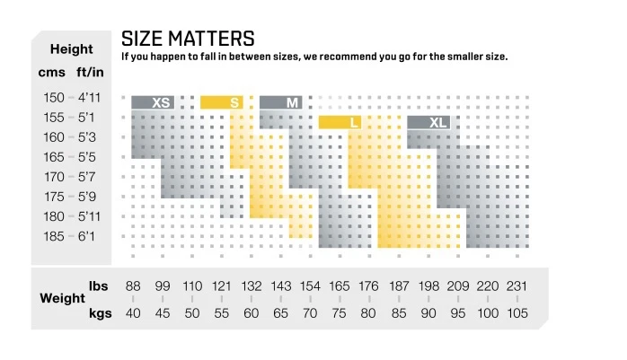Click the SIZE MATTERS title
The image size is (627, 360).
coord(188,39)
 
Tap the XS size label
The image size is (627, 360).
coord(162,102)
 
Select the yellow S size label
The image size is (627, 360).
coord(234,102)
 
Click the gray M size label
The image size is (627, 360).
coord(292,102)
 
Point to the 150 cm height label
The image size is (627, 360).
coord(53,97)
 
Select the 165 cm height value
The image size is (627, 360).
coord(53,157)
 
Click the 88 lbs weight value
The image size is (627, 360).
coord(133,286)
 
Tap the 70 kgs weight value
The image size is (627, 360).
coord(310,313)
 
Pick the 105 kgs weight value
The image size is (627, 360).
coord(517,313)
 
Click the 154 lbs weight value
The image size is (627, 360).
coord(310,286)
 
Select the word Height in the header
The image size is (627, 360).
coord(71,49)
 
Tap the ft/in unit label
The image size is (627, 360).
coord(90,72)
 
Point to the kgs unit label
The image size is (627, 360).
coord(99,313)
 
